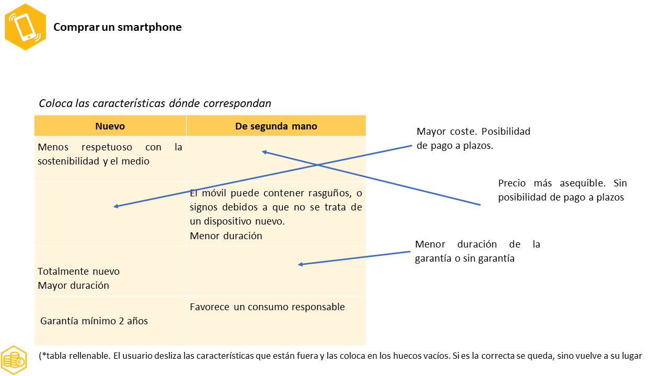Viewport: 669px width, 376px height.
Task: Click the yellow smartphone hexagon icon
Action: point(25,27)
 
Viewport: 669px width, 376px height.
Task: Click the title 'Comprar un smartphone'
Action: point(118,27)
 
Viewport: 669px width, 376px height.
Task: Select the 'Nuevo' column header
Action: point(110,126)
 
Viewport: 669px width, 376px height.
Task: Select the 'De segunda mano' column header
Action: point(276,126)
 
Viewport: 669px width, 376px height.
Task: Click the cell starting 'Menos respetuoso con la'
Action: point(110,154)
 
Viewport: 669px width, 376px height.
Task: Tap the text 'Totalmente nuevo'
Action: point(79,272)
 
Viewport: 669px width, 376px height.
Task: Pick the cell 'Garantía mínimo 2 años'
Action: point(94,321)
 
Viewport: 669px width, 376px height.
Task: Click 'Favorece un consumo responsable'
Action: point(267,307)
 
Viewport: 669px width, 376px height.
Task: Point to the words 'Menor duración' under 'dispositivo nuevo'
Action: point(226,236)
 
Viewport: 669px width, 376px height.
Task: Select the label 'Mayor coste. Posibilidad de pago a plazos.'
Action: point(474,138)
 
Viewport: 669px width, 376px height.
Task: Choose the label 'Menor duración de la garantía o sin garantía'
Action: point(477,251)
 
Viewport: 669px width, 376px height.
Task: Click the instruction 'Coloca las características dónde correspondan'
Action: point(155,103)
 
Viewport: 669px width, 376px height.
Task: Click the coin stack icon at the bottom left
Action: point(14,359)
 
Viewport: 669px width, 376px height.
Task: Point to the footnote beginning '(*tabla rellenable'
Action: point(340,356)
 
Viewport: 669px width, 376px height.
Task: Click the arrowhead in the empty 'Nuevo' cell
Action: point(116,207)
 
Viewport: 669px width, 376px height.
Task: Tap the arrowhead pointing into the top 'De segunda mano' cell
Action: point(264,152)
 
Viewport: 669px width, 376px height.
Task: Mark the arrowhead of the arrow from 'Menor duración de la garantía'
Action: point(300,265)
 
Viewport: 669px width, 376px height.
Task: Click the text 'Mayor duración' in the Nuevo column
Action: point(74,286)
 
